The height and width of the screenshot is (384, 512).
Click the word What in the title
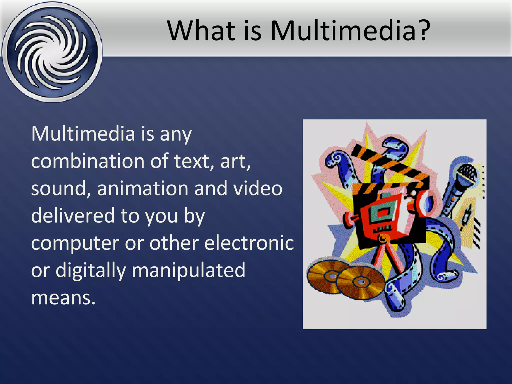pyautogui.click(x=201, y=30)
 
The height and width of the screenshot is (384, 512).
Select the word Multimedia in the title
pyautogui.click(x=342, y=30)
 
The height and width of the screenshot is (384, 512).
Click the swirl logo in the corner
pyautogui.click(x=52, y=52)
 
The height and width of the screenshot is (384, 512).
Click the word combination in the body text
pyautogui.click(x=87, y=161)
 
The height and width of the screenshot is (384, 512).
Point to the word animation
pyautogui.click(x=142, y=188)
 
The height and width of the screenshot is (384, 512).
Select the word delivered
pyautogui.click(x=72, y=215)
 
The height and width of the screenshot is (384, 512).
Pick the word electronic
pyautogui.click(x=249, y=243)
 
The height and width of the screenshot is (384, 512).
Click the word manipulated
pyautogui.click(x=188, y=270)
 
